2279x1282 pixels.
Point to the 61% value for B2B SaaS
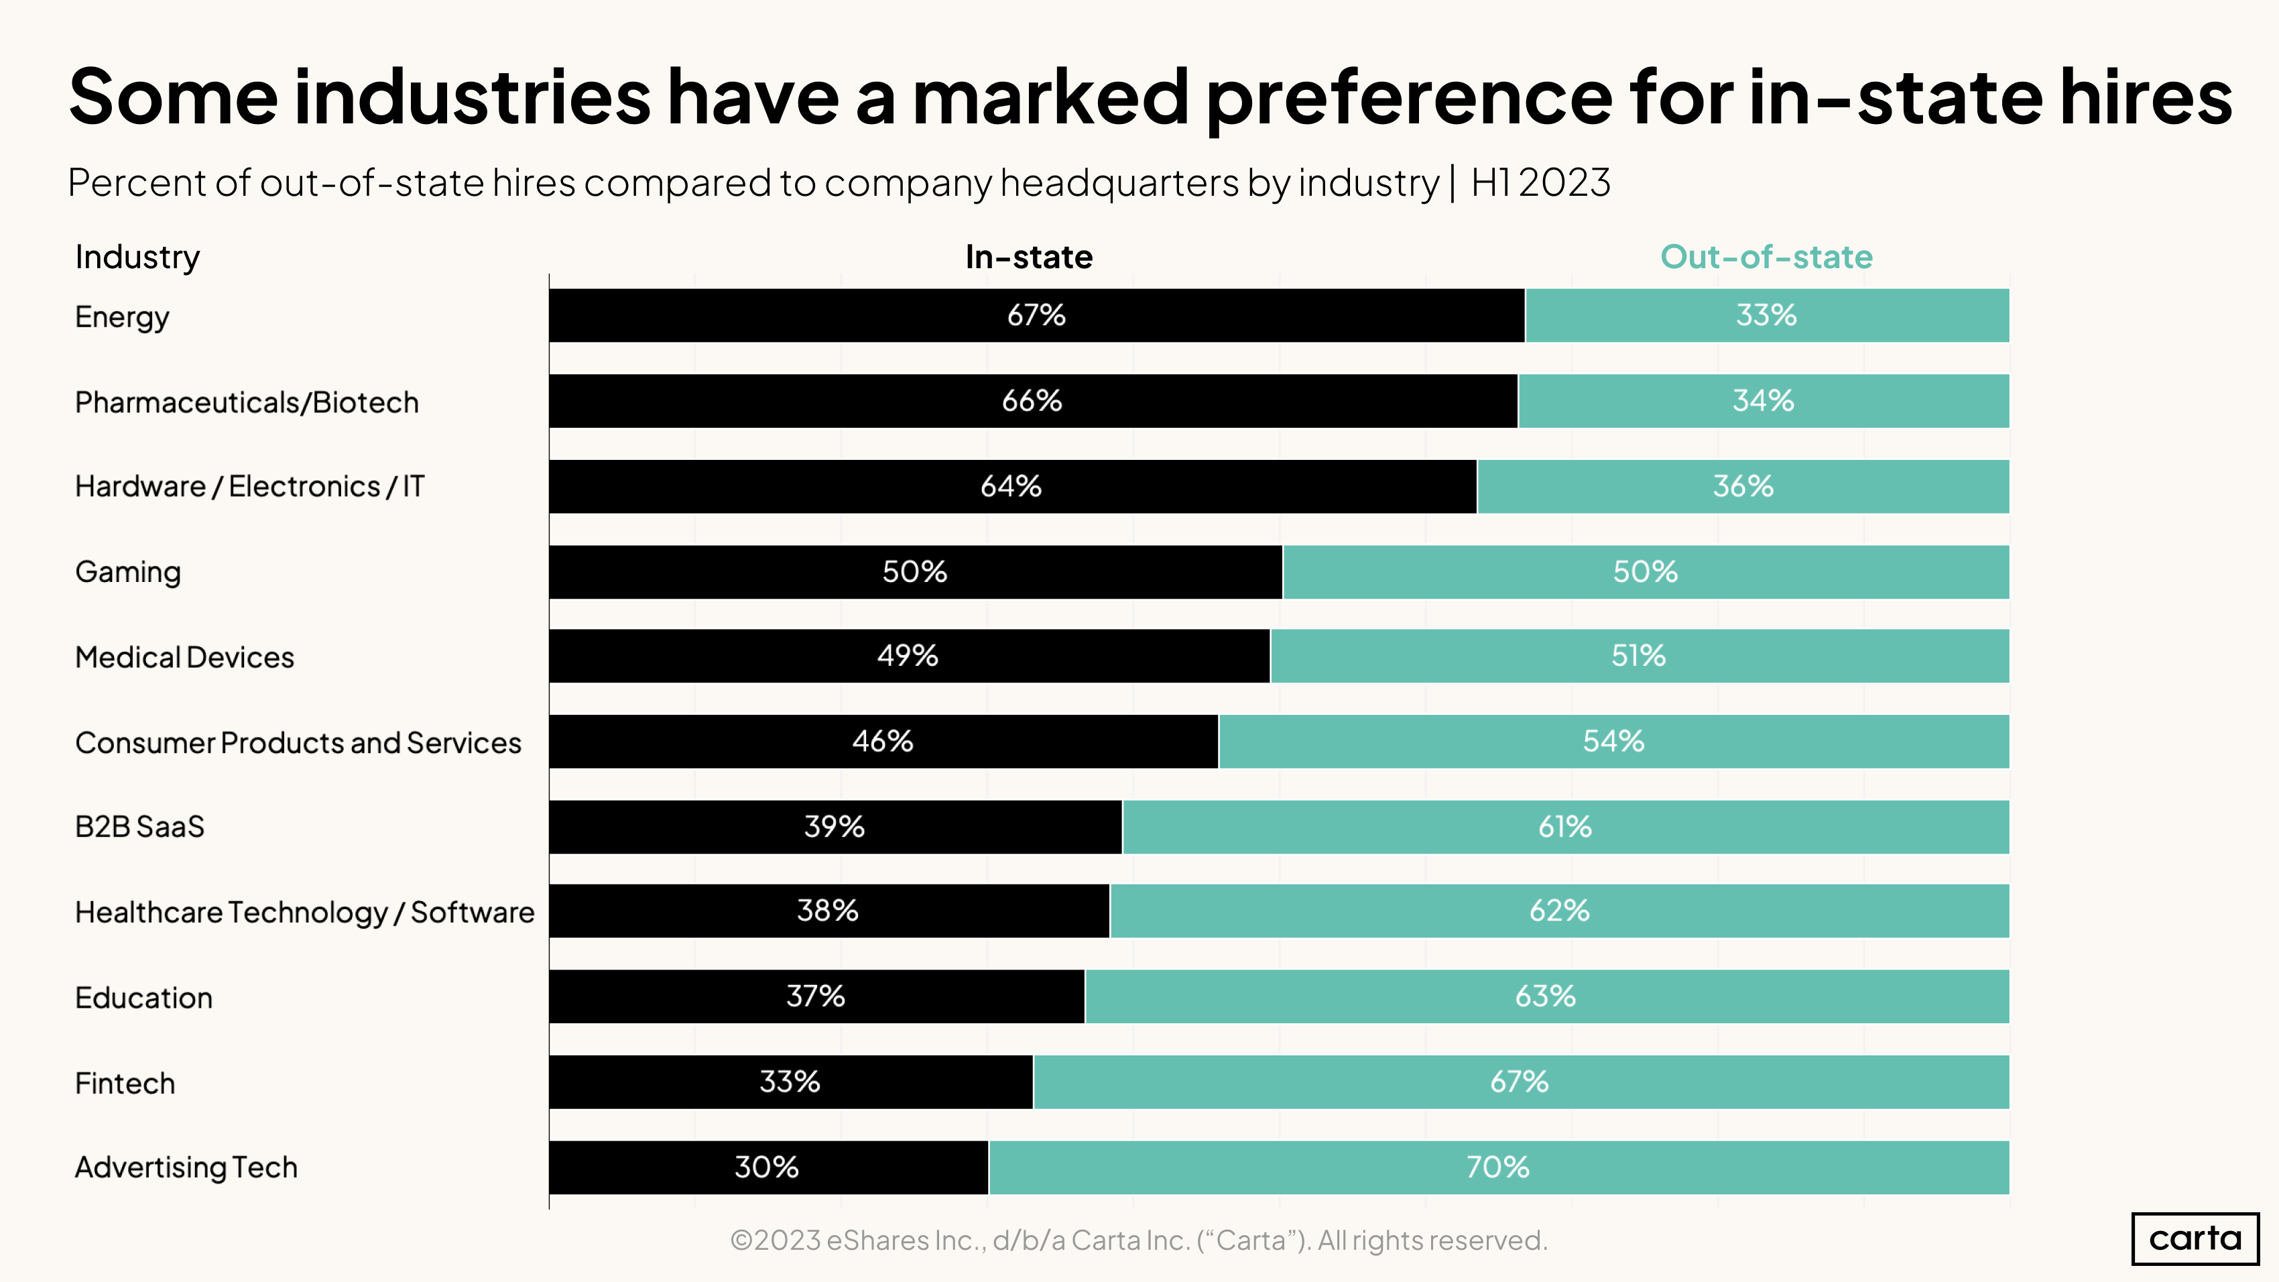pyautogui.click(x=1564, y=826)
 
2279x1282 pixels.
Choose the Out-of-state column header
pyautogui.click(x=1766, y=257)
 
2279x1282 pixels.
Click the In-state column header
pyautogui.click(x=1028, y=257)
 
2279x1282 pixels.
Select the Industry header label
pyautogui.click(x=137, y=257)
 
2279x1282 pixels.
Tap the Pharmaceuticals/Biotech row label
pyautogui.click(x=246, y=402)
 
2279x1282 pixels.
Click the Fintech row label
pyautogui.click(x=125, y=1083)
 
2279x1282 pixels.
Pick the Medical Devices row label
pyautogui.click(x=184, y=656)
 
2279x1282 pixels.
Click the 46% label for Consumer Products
pyautogui.click(x=882, y=740)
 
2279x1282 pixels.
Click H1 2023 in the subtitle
pyautogui.click(x=1540, y=182)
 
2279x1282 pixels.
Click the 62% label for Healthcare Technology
pyautogui.click(x=1559, y=911)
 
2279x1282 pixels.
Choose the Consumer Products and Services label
pyautogui.click(x=298, y=742)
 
